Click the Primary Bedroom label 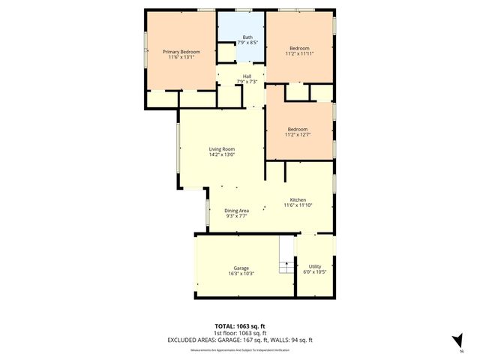[181, 51]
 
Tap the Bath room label [247, 39]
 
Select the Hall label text [247, 76]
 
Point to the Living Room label [221, 149]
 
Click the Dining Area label [236, 211]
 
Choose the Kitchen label [298, 200]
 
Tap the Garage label [241, 268]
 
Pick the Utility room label [315, 266]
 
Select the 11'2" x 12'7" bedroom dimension [298, 135]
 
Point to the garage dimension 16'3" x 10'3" [241, 273]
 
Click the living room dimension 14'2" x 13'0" [221, 154]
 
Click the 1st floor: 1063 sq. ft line [239, 333]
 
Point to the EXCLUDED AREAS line [239, 340]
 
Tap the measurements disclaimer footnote [239, 349]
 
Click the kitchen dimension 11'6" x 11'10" [298, 205]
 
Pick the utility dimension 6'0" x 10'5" [315, 271]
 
